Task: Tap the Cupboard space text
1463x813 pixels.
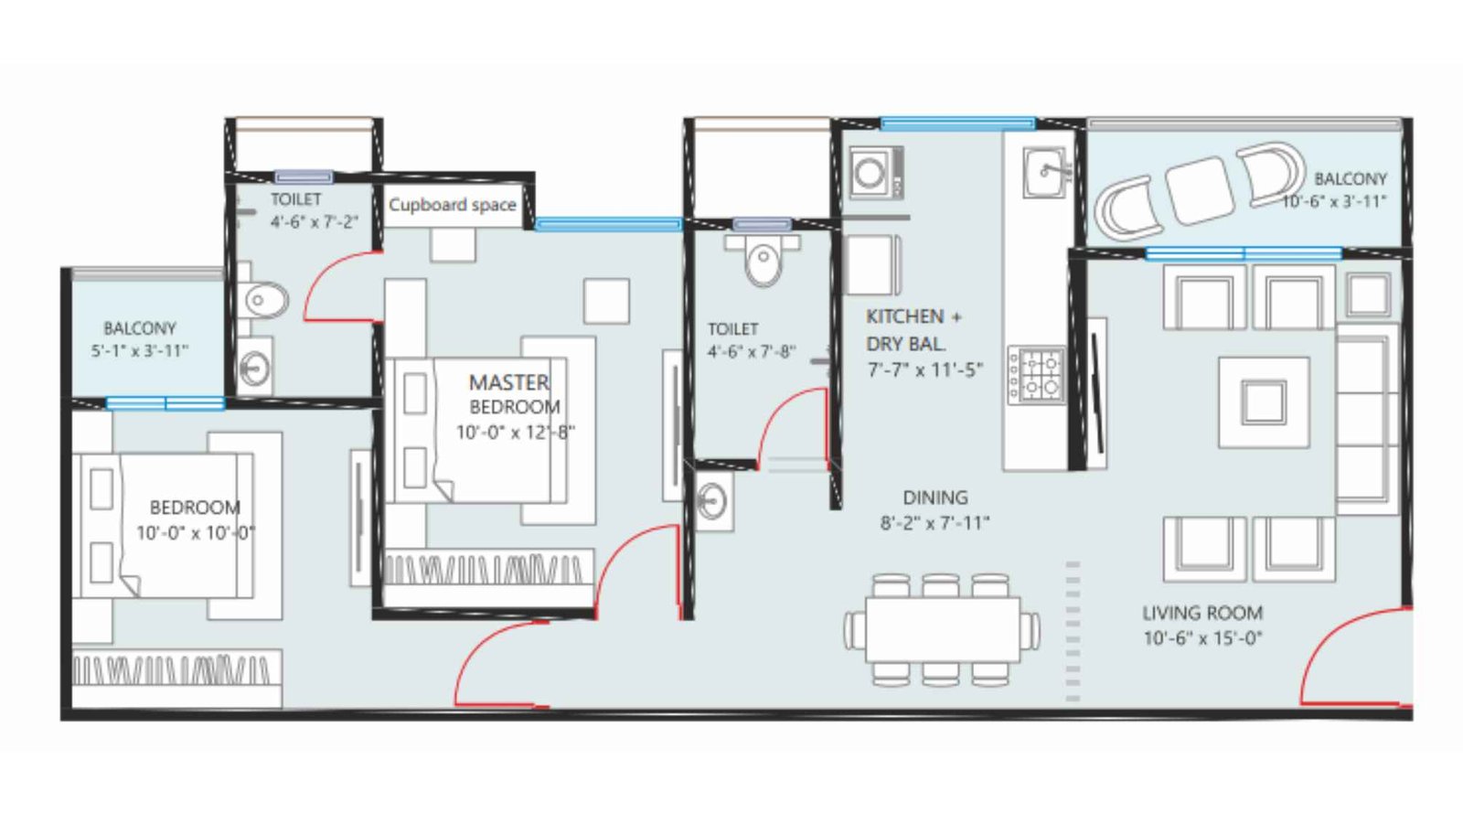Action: [x=452, y=205]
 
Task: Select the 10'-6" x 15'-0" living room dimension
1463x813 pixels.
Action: [x=1202, y=638]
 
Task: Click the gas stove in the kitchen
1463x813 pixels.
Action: [x=1036, y=375]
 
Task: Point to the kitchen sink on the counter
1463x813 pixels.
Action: [x=1045, y=172]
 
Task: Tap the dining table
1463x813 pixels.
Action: [x=942, y=629]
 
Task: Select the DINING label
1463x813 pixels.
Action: [x=934, y=497]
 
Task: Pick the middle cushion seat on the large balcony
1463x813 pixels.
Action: [x=1199, y=190]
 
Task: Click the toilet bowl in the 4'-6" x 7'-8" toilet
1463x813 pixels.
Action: [x=763, y=263]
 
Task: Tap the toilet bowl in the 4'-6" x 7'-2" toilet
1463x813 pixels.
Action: [x=264, y=300]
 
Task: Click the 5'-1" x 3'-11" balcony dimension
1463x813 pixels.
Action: [x=140, y=350]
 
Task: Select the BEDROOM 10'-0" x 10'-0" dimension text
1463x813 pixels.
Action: [x=195, y=533]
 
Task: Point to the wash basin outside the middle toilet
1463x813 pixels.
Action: [x=712, y=501]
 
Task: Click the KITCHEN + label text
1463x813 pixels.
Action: [x=913, y=316]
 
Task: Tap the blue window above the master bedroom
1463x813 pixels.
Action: [x=608, y=224]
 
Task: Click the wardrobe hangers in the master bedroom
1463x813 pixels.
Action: [x=485, y=569]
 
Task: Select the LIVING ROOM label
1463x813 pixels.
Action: [x=1201, y=613]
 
